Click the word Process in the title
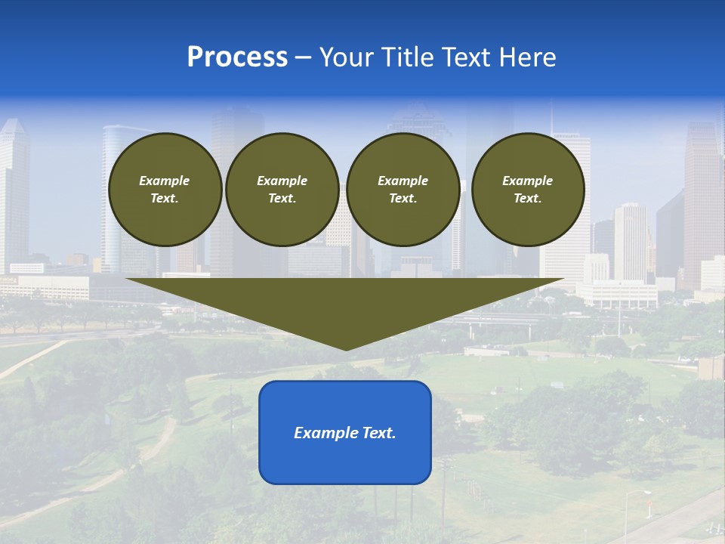[237, 57]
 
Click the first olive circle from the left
[165, 190]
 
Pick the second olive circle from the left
[282, 190]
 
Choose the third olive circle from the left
[403, 190]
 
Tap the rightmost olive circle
[528, 190]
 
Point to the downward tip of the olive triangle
[346, 348]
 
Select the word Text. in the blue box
[377, 433]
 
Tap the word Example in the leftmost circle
[165, 181]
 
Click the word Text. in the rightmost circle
[528, 199]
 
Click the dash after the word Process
[303, 58]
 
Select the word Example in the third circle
[403, 181]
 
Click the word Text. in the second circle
[282, 199]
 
